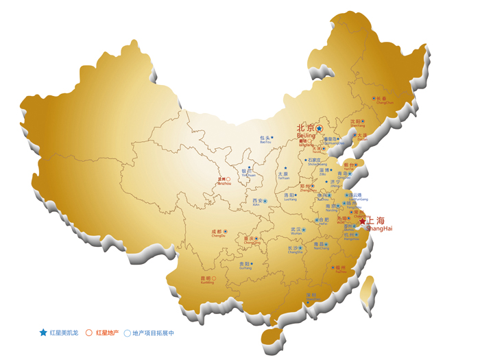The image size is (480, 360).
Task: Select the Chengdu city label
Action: pos(217,232)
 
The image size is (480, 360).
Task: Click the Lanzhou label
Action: pos(222,180)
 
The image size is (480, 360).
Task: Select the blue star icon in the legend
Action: pos(43,333)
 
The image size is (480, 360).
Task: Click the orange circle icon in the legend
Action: pos(89,333)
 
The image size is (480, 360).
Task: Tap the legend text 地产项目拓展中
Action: pos(153,333)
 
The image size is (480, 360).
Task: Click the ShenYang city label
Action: pos(355,122)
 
